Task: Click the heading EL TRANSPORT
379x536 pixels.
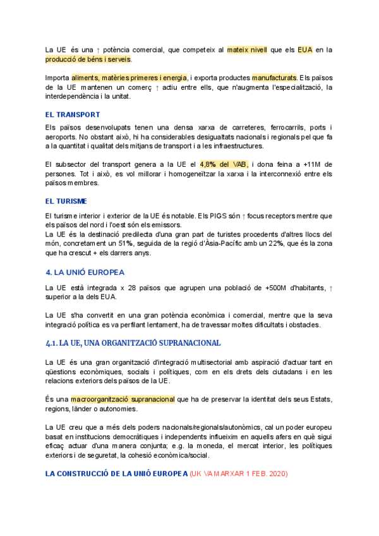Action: (x=73, y=114)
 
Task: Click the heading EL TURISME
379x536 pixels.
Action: (x=66, y=201)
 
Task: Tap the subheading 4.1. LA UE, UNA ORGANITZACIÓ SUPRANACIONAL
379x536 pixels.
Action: (x=133, y=343)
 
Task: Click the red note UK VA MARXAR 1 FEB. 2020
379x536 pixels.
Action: (x=238, y=473)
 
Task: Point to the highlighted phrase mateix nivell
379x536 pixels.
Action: (x=247, y=49)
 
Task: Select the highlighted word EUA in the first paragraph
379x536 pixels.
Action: (x=306, y=49)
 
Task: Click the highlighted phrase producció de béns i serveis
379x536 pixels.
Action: (x=88, y=59)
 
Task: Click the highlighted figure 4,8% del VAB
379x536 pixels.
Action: (x=224, y=164)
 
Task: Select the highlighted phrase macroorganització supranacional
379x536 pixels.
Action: (x=123, y=399)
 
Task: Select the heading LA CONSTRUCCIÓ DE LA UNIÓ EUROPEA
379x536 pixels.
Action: (x=116, y=473)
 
